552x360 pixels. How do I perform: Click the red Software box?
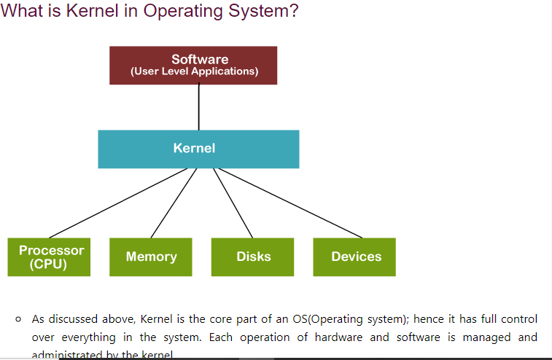(x=193, y=65)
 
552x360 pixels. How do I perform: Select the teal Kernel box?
(x=198, y=149)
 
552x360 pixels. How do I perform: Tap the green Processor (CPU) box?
(x=49, y=257)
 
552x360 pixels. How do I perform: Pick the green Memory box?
(x=151, y=257)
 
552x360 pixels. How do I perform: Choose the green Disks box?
(x=253, y=257)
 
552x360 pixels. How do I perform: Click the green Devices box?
(x=355, y=257)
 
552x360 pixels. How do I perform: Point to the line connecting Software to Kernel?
(x=198, y=107)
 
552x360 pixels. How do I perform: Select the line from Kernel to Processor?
(x=117, y=205)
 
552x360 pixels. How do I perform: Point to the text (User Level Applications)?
(x=194, y=71)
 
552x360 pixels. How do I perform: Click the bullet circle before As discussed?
(x=18, y=319)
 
